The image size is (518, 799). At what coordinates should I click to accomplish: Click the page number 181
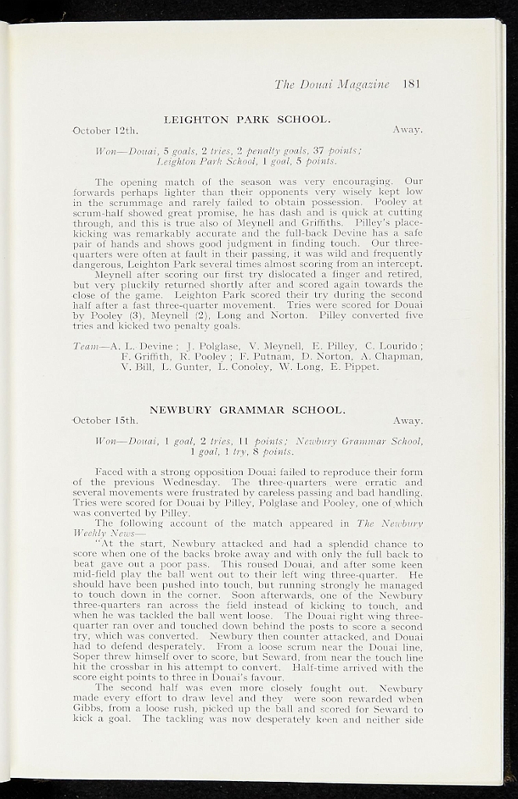tap(412, 83)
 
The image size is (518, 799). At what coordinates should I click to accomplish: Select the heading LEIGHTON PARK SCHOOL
tap(247, 119)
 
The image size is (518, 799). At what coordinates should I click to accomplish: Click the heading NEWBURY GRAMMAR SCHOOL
tap(247, 410)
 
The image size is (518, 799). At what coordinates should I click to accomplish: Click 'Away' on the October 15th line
tap(407, 421)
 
